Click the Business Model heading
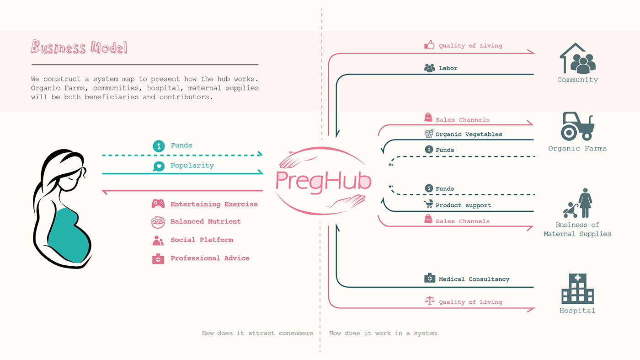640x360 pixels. [79, 47]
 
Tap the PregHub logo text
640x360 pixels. [324, 181]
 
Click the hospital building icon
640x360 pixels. [577, 289]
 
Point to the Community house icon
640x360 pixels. [578, 59]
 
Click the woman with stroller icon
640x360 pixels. [577, 203]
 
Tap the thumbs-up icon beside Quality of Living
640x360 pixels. [429, 45]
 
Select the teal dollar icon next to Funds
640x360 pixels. [159, 146]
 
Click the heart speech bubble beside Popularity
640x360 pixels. [159, 166]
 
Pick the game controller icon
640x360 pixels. [158, 204]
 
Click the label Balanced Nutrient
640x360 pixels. [206, 221]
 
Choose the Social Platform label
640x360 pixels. [202, 240]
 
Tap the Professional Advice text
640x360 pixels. [210, 258]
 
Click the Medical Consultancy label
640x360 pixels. [474, 279]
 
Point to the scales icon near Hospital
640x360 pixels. [430, 301]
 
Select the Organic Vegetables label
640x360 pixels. [469, 134]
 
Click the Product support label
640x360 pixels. [463, 205]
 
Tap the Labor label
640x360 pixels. [448, 68]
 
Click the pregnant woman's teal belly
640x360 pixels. [69, 236]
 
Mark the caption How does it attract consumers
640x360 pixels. [257, 333]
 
